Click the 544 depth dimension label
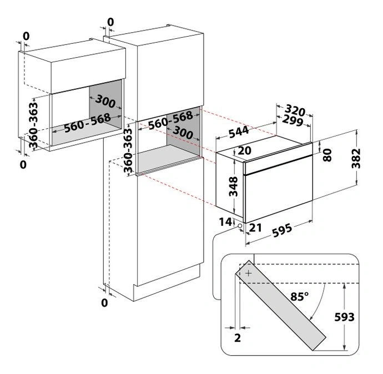tap(239, 132)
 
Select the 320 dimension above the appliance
tap(295, 110)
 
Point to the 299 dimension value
tap(293, 120)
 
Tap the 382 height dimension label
tap(356, 158)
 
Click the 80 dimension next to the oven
tap(327, 155)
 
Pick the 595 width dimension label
tap(282, 230)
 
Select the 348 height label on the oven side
tap(233, 186)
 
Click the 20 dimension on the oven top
tap(244, 150)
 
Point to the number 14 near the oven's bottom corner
tap(225, 222)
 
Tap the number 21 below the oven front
tap(255, 228)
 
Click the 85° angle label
tap(300, 297)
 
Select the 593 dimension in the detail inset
tap(344, 317)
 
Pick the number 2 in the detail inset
tap(238, 338)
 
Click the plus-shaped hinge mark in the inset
tap(249, 273)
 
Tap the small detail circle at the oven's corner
tap(240, 226)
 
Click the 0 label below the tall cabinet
tap(104, 303)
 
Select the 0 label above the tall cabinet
tap(110, 22)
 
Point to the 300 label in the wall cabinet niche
tap(105, 102)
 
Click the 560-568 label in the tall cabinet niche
tap(170, 120)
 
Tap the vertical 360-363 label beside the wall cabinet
tap(33, 125)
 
